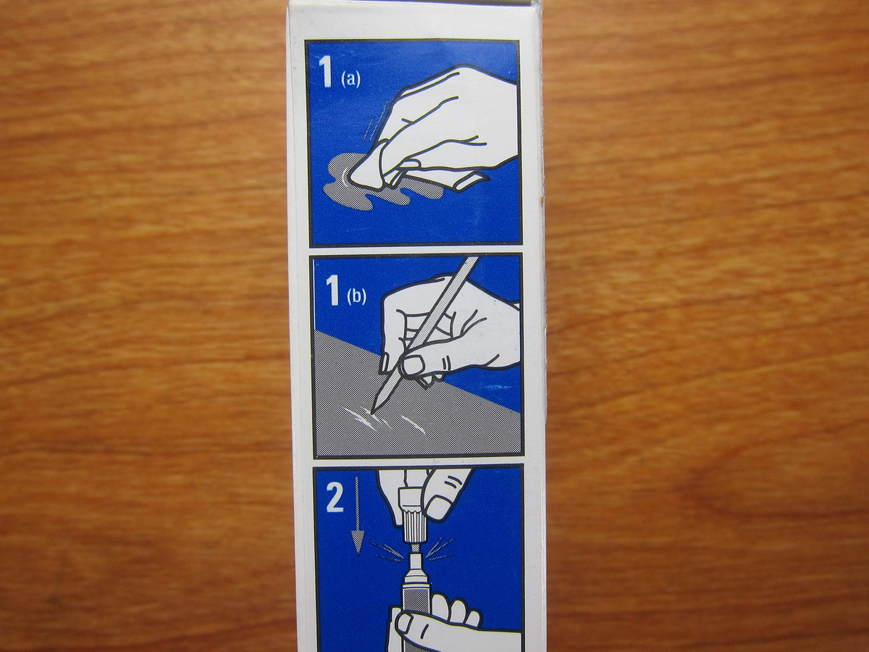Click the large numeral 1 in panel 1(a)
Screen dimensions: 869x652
coord(327,72)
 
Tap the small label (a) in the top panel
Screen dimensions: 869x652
coord(350,80)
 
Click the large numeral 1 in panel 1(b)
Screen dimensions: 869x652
coord(332,291)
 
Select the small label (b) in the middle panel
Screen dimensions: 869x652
coord(356,296)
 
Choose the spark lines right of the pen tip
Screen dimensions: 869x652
coord(440,549)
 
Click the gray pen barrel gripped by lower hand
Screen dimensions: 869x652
coord(412,602)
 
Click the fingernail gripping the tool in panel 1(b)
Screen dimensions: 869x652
coord(413,364)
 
